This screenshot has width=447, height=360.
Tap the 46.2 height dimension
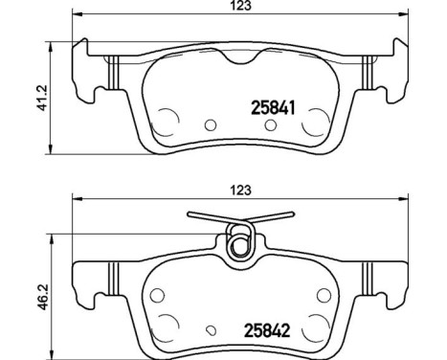40,290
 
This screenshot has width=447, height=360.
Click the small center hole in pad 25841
211,124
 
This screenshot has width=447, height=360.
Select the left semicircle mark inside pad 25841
168,122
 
